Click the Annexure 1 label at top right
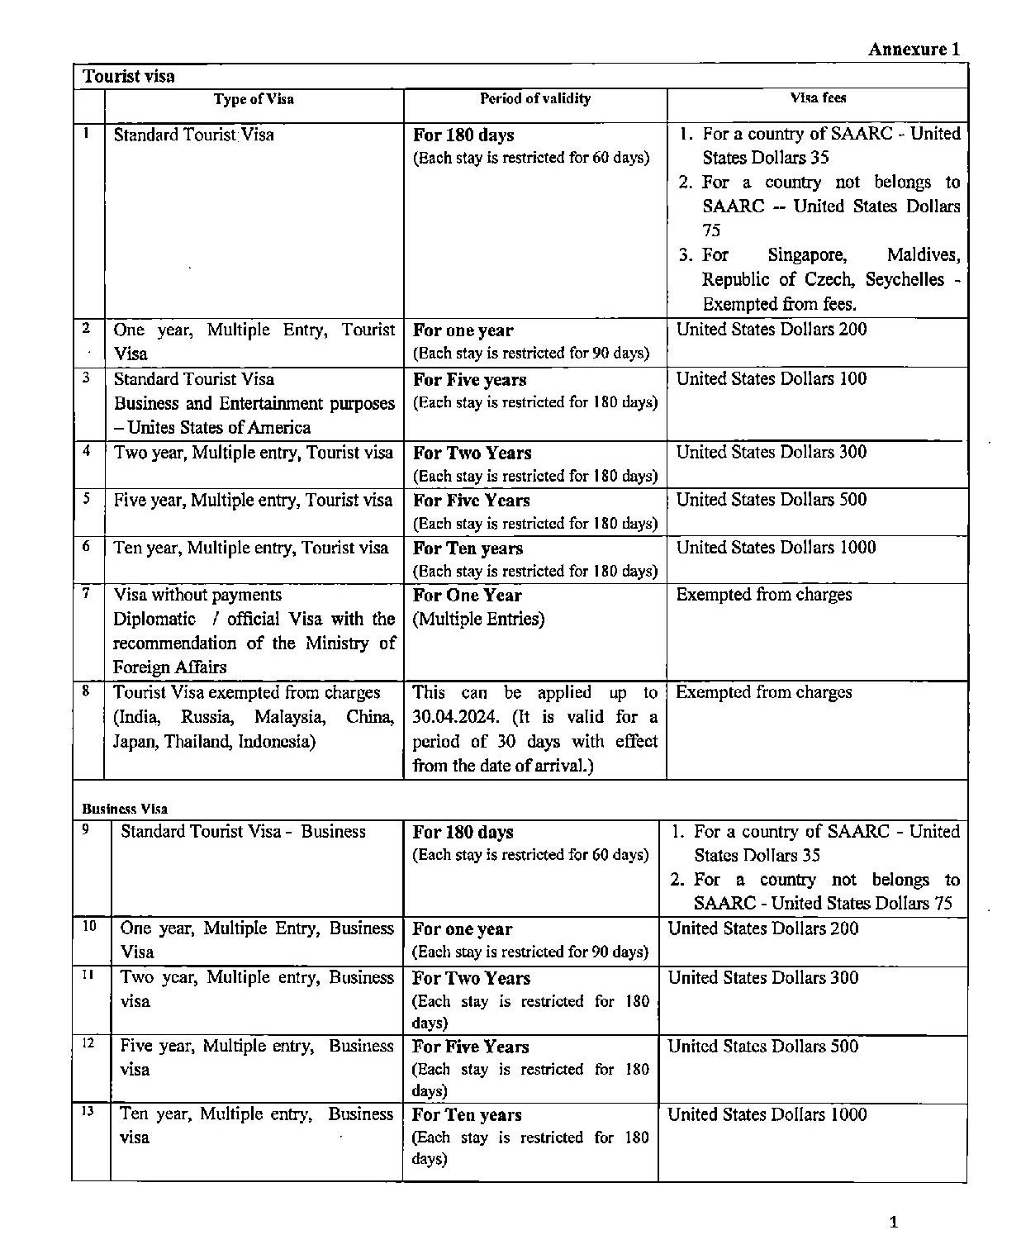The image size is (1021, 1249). (914, 49)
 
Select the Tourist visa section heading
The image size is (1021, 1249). (128, 77)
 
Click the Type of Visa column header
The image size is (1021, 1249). (254, 99)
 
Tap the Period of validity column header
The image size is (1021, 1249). (535, 99)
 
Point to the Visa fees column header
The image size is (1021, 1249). (818, 97)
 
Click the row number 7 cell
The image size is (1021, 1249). (87, 592)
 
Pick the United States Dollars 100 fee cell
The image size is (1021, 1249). (772, 379)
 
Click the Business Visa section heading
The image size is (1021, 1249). (124, 809)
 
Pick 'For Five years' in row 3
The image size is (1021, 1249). (469, 380)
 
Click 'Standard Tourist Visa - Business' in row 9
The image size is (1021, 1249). (243, 832)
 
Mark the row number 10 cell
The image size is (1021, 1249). (90, 927)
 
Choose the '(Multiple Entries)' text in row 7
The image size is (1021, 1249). (478, 619)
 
